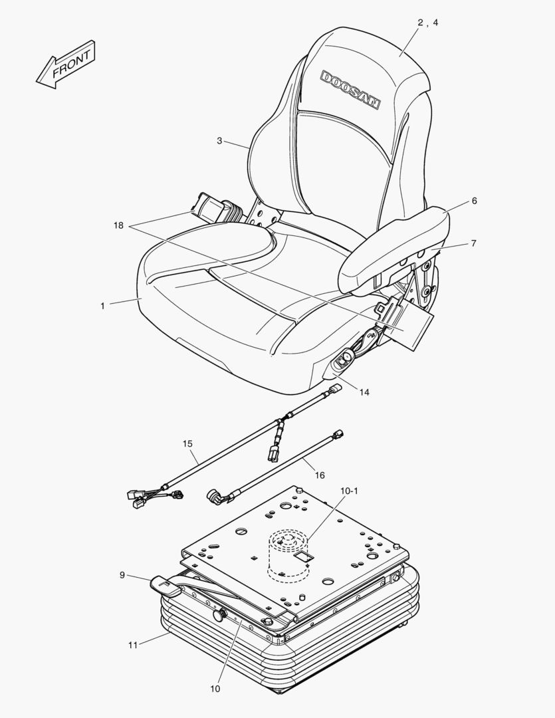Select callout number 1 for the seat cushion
[x=102, y=306]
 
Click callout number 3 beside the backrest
[x=219, y=140]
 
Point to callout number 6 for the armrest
[x=474, y=201]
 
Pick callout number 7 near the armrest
[x=473, y=243]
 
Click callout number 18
[x=118, y=226]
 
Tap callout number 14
[x=364, y=392]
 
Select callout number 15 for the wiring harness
[x=187, y=443]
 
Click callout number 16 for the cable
[x=320, y=475]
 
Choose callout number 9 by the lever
[x=122, y=574]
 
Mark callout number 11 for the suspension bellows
[x=133, y=645]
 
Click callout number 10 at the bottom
[x=215, y=689]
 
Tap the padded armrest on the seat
[x=392, y=249]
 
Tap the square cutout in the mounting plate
[x=302, y=558]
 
